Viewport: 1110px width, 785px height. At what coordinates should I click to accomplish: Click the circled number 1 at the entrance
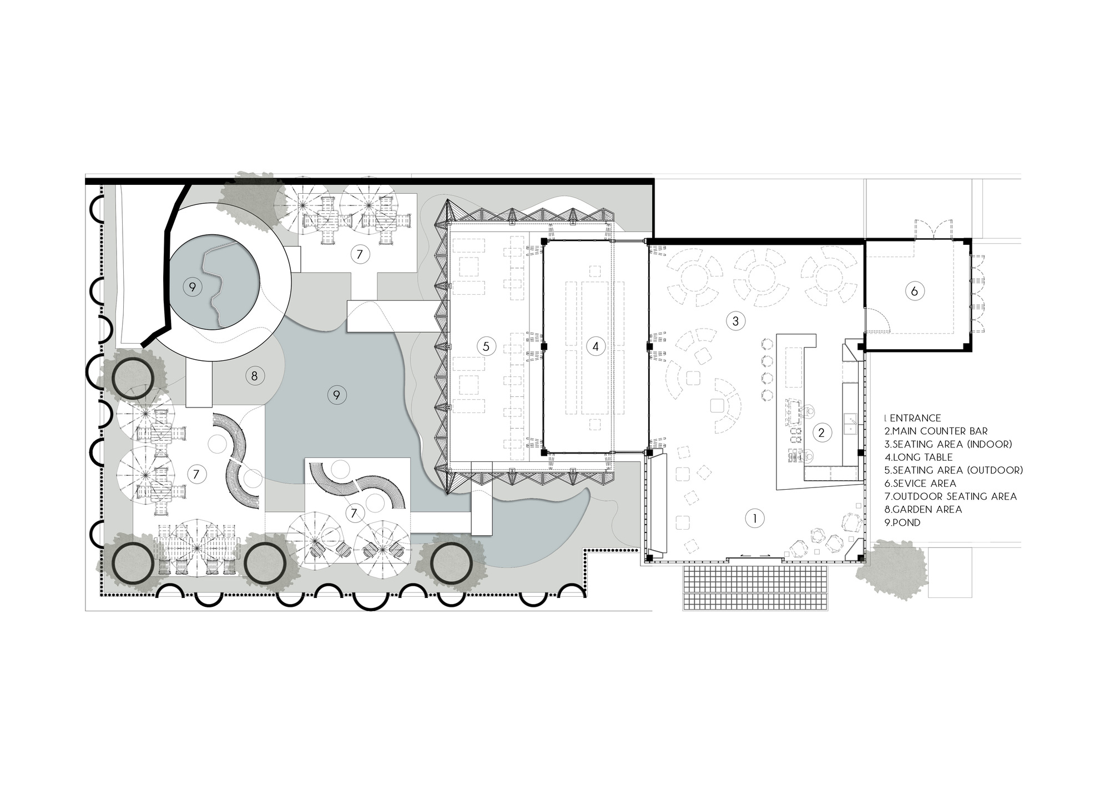754,519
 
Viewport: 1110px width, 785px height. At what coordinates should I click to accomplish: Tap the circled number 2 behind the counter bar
822,432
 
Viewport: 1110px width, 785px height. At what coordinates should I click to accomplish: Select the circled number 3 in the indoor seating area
736,320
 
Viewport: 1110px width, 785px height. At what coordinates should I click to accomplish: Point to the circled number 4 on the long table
596,346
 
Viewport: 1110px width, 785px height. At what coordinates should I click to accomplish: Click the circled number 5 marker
486,346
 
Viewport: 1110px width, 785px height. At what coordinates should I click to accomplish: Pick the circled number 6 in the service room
915,290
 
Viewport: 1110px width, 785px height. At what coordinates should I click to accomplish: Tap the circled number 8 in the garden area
254,376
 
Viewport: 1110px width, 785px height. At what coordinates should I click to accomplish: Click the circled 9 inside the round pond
192,287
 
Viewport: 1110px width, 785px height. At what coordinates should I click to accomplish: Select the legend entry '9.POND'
902,522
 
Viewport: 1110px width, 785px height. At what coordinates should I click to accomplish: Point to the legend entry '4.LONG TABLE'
919,457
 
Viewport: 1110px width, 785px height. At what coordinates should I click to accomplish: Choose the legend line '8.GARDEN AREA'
923,509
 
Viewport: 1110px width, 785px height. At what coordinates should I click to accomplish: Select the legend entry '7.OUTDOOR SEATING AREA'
951,496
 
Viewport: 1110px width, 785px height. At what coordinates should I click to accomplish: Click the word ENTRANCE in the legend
915,418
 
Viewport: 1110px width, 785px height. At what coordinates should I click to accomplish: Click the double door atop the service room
934,229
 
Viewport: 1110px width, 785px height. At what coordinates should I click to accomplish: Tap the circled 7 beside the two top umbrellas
360,254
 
